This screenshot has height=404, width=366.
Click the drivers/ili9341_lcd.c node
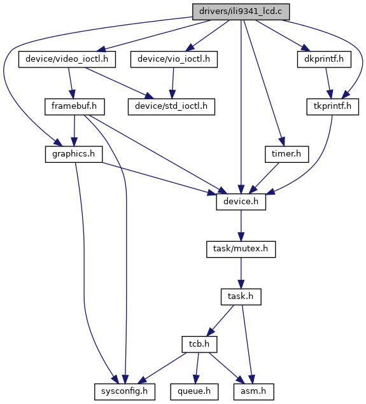(241, 11)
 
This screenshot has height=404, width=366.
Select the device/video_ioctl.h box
(67, 59)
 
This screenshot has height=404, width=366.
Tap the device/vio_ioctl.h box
(174, 59)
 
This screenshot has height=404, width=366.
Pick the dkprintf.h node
(324, 59)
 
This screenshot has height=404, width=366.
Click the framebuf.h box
(74, 107)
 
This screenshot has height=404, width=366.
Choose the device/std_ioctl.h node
(171, 107)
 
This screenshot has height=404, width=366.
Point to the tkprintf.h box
(332, 107)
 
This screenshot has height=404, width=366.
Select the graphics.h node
(74, 155)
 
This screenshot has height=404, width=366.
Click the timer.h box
(286, 155)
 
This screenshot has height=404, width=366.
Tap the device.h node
(241, 202)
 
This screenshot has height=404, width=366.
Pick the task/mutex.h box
(241, 249)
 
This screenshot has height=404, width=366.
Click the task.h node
(241, 297)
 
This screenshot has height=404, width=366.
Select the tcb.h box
(199, 344)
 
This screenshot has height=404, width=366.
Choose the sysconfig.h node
(125, 392)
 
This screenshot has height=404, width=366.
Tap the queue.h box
(194, 392)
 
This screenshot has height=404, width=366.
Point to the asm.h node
(253, 392)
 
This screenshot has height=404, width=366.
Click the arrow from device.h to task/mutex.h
(241, 225)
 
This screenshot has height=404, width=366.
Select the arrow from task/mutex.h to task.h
(241, 273)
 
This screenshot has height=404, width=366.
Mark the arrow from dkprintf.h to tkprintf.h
(328, 83)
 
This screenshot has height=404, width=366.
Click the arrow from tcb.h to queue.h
(197, 368)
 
